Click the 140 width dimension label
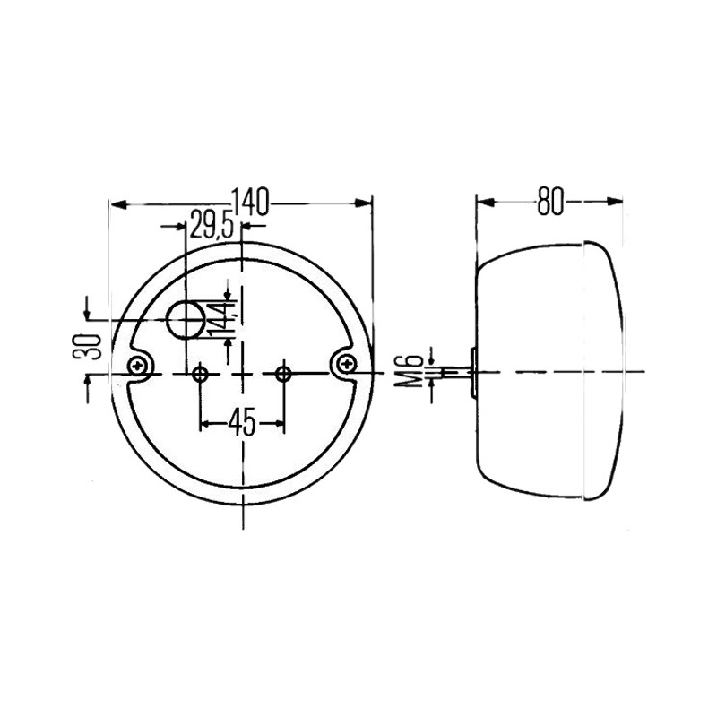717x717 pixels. click(x=251, y=202)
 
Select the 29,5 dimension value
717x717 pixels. click(x=212, y=225)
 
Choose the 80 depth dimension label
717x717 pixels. click(x=549, y=201)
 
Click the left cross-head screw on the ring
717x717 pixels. click(x=138, y=366)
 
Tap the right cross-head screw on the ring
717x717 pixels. click(x=347, y=365)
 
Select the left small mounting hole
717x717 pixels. click(x=200, y=374)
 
